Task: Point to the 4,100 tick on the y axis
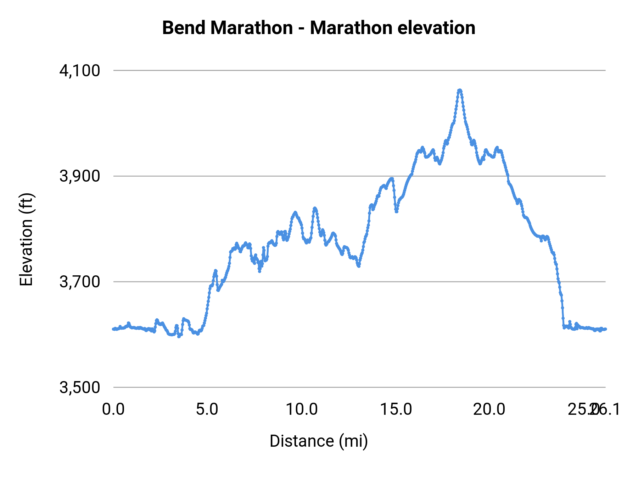[80, 71]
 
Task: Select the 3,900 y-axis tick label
[80, 176]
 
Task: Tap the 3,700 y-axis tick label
[80, 282]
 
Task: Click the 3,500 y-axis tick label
[80, 387]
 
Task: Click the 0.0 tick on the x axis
[113, 409]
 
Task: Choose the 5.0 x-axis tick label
[207, 409]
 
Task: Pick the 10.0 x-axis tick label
[302, 409]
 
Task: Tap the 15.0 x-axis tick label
[396, 409]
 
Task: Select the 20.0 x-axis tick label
[490, 409]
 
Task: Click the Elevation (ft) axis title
[26, 239]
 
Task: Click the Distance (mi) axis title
[319, 441]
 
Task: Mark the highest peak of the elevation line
[460, 90]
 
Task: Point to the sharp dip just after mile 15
[396, 211]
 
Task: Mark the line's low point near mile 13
[359, 266]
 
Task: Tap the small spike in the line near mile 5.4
[215, 271]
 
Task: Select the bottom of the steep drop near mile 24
[564, 327]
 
